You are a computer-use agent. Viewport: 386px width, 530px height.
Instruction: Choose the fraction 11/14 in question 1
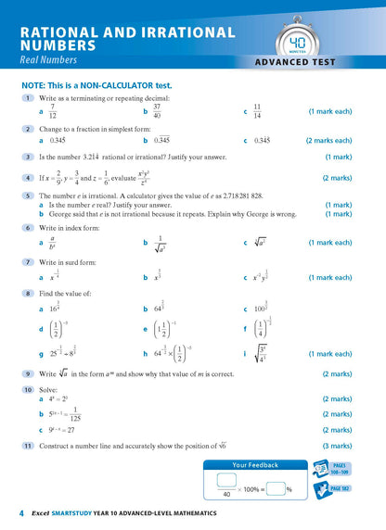click(257, 111)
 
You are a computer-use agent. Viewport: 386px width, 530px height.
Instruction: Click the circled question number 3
click(29, 157)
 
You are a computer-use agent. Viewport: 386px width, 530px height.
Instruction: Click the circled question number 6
click(29, 227)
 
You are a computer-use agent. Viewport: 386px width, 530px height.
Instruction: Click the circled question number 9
click(29, 372)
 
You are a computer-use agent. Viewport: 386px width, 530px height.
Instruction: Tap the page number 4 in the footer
click(19, 512)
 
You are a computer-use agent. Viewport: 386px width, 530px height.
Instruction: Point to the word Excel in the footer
click(41, 513)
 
